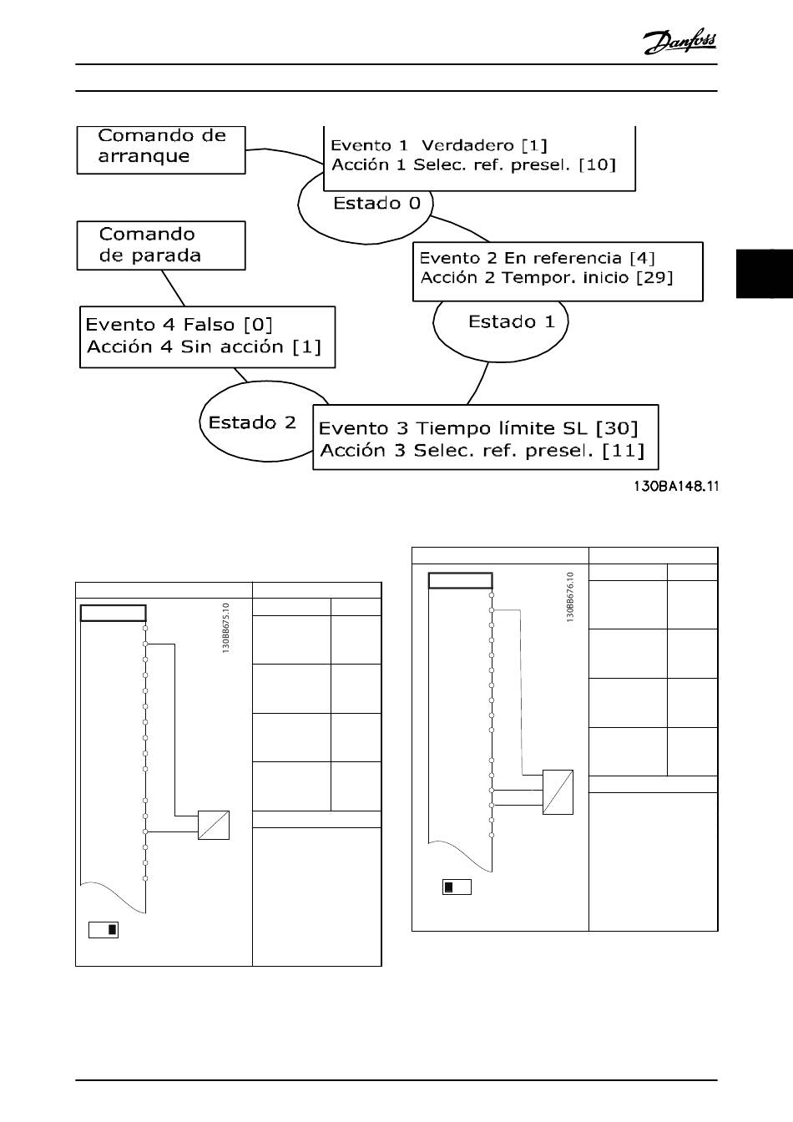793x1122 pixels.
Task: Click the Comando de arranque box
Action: click(161, 149)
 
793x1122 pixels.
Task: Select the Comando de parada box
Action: click(161, 245)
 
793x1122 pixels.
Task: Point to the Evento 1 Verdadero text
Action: click(439, 145)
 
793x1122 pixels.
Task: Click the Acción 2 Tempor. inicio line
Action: click(546, 278)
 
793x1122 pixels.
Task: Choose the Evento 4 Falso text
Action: click(179, 325)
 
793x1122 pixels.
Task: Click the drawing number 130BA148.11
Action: click(675, 486)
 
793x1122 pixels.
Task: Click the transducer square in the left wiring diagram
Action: click(213, 825)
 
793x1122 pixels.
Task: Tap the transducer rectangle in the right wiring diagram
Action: click(558, 791)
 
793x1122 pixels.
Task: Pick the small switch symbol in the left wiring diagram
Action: click(104, 929)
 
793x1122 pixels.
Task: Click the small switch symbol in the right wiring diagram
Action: click(457, 887)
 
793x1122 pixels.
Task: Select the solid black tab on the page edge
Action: click(764, 272)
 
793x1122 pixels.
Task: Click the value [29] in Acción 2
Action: click(654, 278)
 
